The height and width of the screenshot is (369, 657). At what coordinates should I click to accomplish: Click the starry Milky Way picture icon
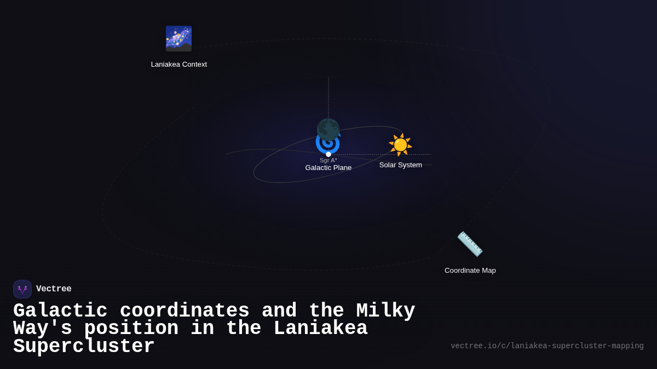pyautogui.click(x=178, y=39)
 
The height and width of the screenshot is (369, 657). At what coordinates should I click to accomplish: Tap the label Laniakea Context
pyautogui.click(x=179, y=65)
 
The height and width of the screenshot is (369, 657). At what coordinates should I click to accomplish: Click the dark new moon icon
pyautogui.click(x=328, y=129)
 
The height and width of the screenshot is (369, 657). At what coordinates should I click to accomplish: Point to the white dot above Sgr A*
pyautogui.click(x=328, y=154)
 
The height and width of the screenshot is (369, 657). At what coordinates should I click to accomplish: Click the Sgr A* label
pyautogui.click(x=328, y=160)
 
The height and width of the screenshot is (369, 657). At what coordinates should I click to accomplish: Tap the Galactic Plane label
pyautogui.click(x=328, y=168)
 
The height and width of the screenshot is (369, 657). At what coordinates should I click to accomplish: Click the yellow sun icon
pyautogui.click(x=400, y=144)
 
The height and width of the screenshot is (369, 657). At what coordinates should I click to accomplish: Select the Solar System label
pyautogui.click(x=401, y=165)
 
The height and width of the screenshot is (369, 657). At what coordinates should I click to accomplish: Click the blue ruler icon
pyautogui.click(x=470, y=244)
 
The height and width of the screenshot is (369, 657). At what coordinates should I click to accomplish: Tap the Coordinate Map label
pyautogui.click(x=470, y=271)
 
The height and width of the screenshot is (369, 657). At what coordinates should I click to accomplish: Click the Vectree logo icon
pyautogui.click(x=22, y=289)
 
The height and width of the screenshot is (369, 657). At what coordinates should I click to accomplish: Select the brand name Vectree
pyautogui.click(x=54, y=289)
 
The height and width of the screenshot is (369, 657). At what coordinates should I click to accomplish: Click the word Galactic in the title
pyautogui.click(x=60, y=311)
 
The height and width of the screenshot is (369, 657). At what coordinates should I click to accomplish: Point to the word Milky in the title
pyautogui.click(x=385, y=311)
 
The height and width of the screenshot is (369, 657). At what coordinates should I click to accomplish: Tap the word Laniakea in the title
pyautogui.click(x=320, y=329)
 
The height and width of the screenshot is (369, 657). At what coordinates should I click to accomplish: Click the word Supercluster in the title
pyautogui.click(x=84, y=347)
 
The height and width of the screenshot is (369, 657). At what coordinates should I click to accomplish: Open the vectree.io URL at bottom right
pyautogui.click(x=547, y=346)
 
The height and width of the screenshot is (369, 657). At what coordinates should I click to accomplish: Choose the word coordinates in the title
pyautogui.click(x=185, y=311)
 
